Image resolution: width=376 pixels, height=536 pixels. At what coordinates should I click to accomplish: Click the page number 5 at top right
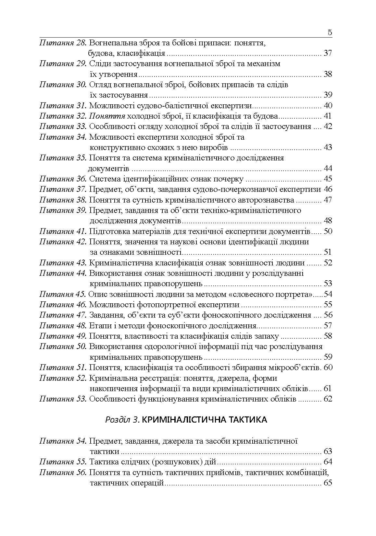(330, 32)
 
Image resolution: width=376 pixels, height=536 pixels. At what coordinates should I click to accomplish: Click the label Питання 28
(63, 43)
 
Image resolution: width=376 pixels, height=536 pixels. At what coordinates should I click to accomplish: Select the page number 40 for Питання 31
(328, 106)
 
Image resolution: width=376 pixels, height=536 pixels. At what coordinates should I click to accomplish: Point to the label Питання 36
(63, 179)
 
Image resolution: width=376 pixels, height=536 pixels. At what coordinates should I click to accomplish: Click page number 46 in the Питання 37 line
(328, 189)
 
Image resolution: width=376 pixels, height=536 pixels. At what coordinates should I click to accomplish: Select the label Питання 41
(63, 231)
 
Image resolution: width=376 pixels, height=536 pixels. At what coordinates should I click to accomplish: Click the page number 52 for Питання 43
(328, 263)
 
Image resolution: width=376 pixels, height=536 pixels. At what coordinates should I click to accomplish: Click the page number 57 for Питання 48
(328, 325)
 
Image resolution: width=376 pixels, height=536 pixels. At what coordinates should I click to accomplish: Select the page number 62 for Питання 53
(328, 399)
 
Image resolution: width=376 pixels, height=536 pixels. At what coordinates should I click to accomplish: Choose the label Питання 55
(63, 462)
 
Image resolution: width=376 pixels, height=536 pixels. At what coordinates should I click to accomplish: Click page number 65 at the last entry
(328, 483)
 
